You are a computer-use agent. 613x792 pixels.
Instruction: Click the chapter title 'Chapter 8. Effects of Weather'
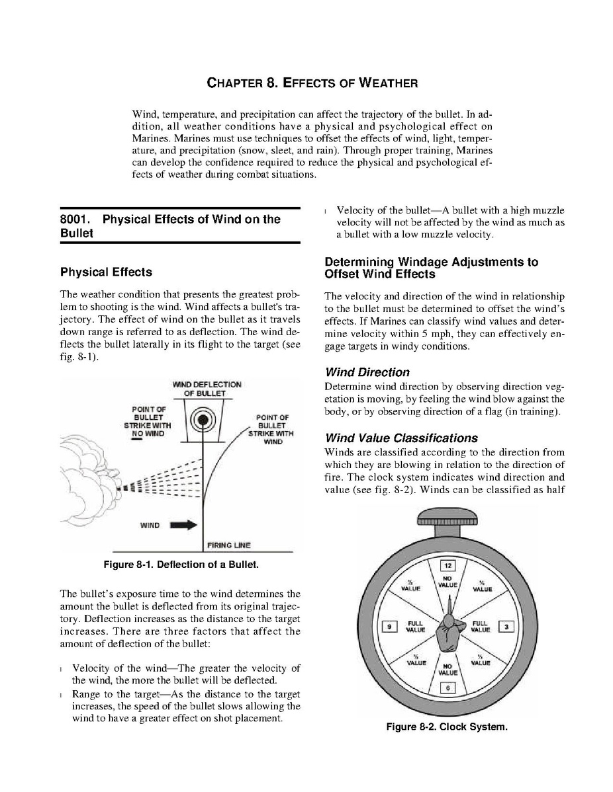point(312,83)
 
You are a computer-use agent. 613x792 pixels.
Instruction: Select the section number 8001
point(75,219)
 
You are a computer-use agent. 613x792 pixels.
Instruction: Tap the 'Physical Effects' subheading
point(106,272)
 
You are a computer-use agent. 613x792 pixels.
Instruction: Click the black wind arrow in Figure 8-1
point(183,525)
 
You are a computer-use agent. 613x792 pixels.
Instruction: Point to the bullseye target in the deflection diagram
point(203,420)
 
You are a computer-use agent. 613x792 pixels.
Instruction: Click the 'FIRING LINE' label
point(228,545)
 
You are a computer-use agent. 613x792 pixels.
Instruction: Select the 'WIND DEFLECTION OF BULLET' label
point(207,389)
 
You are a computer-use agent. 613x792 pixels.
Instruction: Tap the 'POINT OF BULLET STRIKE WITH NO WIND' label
point(148,422)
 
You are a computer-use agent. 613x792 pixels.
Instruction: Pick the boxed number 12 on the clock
point(448,566)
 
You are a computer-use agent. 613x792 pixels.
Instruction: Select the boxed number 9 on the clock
point(391,626)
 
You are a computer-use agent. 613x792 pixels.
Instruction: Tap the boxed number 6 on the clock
point(448,688)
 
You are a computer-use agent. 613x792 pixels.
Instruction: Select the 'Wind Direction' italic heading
point(367,372)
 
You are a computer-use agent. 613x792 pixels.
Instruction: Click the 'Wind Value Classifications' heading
point(401,438)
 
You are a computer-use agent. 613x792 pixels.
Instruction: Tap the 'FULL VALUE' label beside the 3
point(480,626)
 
